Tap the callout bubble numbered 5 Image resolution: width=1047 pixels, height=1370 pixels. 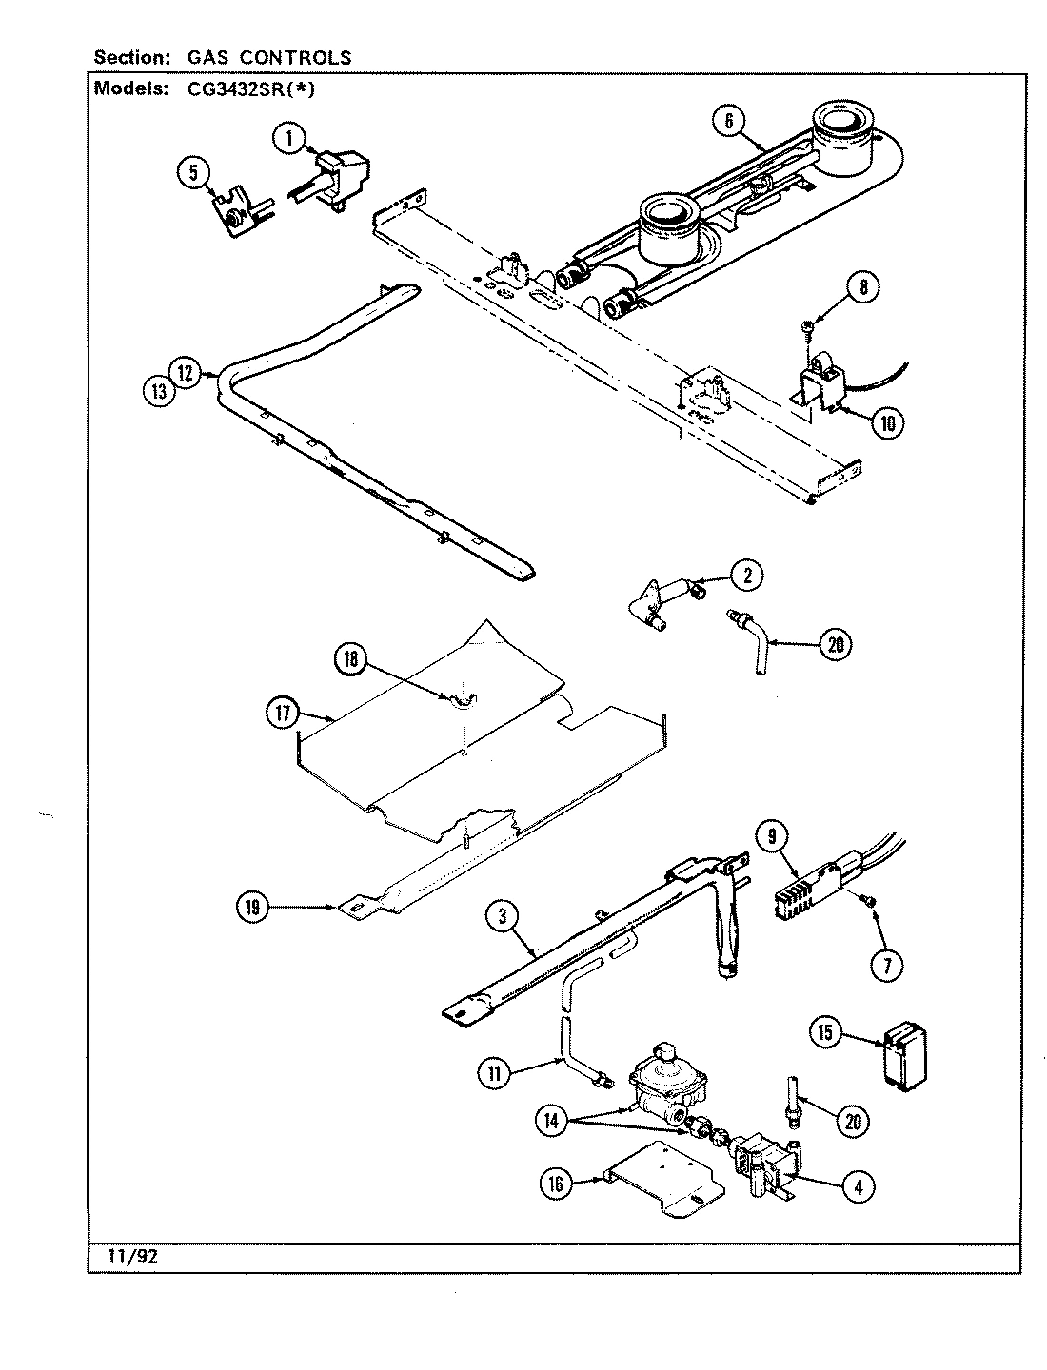(193, 172)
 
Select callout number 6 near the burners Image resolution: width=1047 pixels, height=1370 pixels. (728, 120)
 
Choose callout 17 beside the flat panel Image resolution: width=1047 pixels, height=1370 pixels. (283, 714)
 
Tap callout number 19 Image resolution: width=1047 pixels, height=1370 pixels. (252, 908)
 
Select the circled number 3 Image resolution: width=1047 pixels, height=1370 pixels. (501, 916)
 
